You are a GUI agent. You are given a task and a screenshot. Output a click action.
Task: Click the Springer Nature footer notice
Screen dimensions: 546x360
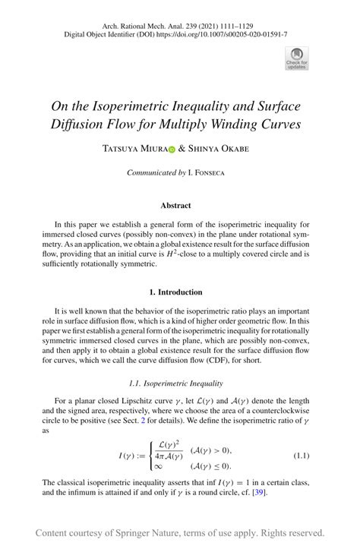(180, 532)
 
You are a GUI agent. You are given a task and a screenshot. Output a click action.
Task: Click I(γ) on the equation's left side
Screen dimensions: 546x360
(109, 455)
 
